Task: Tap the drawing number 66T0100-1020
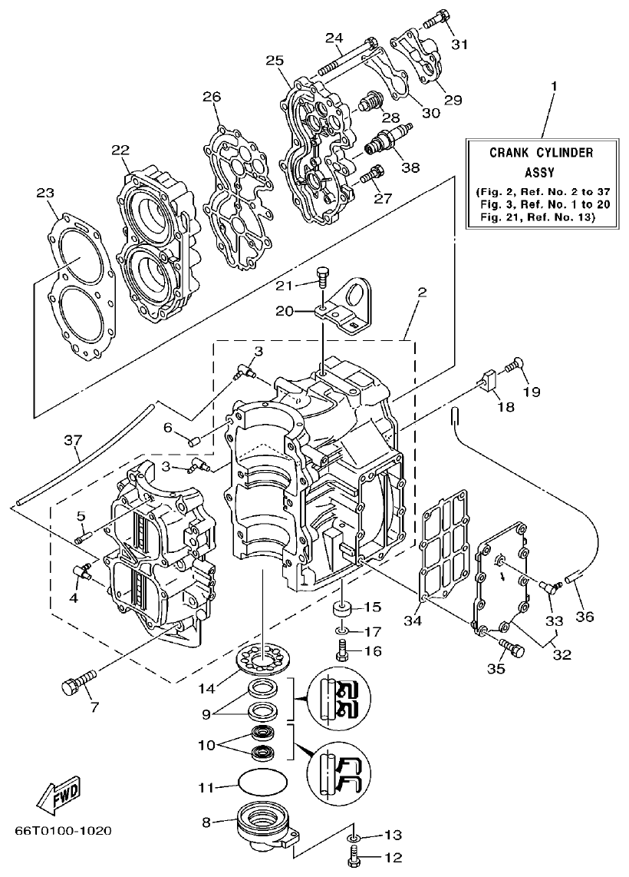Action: [x=63, y=831]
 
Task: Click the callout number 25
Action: [x=275, y=60]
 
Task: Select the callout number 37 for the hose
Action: [x=72, y=440]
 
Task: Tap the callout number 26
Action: [x=212, y=97]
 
